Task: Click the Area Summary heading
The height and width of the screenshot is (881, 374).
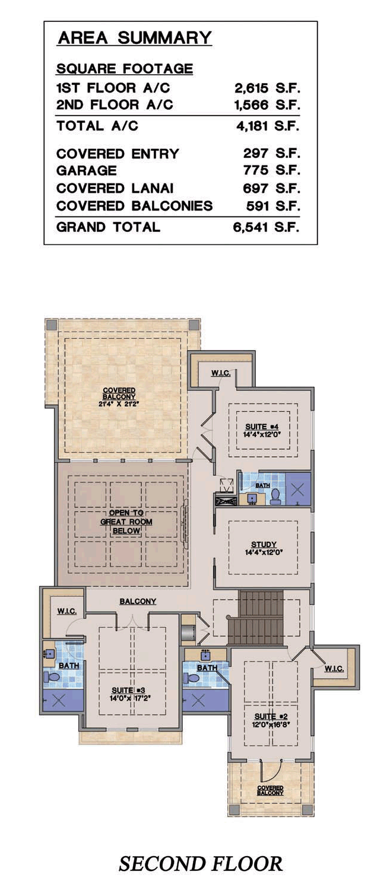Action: [135, 38]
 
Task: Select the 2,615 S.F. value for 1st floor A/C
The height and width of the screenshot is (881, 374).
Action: [268, 88]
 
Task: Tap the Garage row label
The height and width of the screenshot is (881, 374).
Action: [87, 170]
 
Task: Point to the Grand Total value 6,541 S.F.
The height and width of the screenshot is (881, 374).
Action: [267, 227]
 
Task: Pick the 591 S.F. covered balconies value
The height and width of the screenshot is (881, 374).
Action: [273, 206]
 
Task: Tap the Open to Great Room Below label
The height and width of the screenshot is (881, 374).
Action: [126, 521]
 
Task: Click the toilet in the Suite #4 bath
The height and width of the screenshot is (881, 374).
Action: [275, 497]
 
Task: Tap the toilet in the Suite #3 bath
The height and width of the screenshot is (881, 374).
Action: [52, 678]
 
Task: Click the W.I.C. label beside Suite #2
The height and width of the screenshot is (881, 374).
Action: [334, 668]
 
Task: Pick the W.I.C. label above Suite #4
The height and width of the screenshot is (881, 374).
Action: [221, 373]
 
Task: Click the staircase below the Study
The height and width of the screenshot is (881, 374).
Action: [256, 618]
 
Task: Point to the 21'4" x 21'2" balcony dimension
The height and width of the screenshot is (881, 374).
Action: [119, 403]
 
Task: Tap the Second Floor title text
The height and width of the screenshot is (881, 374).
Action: [201, 864]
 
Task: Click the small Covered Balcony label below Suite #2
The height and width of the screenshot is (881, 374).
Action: [270, 790]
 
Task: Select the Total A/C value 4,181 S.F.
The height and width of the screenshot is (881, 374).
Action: [268, 126]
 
